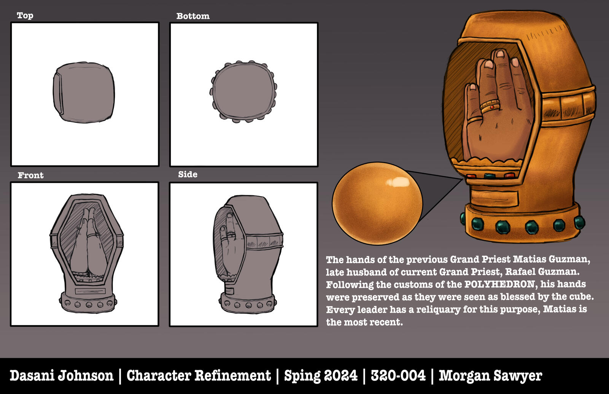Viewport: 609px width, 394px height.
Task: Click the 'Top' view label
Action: (25, 15)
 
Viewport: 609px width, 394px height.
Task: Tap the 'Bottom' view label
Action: (193, 16)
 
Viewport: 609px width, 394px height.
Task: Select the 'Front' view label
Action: (31, 175)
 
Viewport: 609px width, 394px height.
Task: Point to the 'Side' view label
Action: (188, 174)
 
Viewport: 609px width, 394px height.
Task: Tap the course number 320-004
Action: (398, 376)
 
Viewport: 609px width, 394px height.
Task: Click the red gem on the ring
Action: (492, 107)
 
